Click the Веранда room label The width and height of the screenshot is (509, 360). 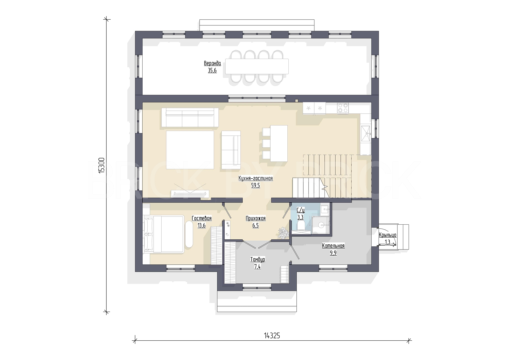(212, 63)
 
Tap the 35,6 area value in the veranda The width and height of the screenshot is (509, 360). (212, 70)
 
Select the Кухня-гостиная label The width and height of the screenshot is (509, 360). (256, 178)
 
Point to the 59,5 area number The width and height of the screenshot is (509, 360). (256, 185)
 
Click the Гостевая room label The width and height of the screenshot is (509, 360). (202, 218)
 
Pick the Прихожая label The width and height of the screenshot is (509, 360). (256, 218)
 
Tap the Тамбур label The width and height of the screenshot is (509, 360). (258, 259)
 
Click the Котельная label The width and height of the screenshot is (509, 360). (333, 246)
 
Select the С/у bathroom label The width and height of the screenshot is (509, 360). (300, 210)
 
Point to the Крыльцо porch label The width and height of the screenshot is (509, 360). (388, 235)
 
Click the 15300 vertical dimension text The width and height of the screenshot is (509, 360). (101, 166)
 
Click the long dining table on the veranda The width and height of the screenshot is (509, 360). (257, 66)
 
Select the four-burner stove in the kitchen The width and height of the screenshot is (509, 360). (343, 108)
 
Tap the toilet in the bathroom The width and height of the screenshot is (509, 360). (301, 226)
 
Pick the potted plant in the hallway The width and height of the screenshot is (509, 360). (283, 233)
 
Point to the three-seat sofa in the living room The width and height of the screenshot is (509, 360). (190, 117)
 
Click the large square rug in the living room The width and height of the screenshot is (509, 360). (190, 150)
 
